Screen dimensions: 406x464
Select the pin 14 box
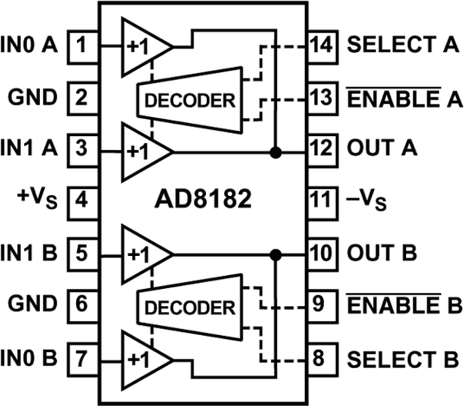pos(322,46)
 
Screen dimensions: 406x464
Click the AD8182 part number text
pos(204,199)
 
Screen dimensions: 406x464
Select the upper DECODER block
pos(189,99)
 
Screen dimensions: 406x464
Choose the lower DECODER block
pos(189,308)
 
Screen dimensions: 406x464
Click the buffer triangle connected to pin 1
pos(142,47)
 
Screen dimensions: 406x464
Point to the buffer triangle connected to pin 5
pos(142,255)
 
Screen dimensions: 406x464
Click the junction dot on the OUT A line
pos(277,152)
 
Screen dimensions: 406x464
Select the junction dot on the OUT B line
pos(277,255)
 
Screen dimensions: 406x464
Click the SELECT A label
pos(403,45)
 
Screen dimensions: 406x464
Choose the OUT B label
pos(382,254)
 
